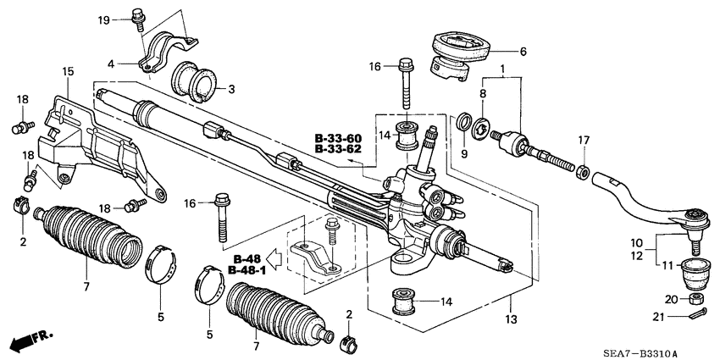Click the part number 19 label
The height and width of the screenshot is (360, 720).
103,19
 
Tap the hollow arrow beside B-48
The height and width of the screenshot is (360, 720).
274,258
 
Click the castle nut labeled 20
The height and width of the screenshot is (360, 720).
695,300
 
